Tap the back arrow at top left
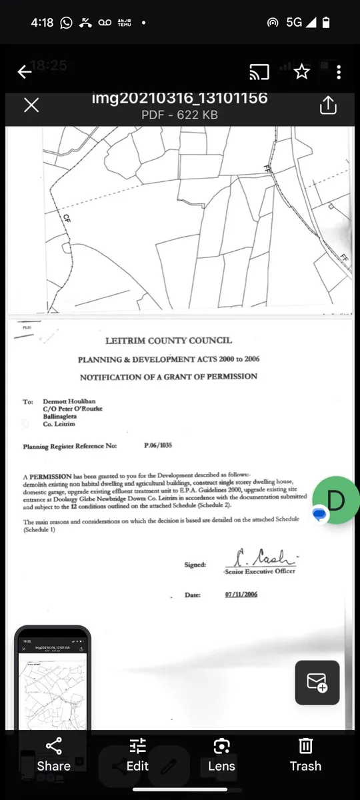(25, 72)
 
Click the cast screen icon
(259, 72)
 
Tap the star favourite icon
(302, 72)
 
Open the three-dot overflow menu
(339, 72)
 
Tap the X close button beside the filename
(31, 105)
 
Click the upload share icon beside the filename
(328, 105)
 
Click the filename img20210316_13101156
(179, 99)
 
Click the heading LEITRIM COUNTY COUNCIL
(169, 341)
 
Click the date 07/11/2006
(241, 595)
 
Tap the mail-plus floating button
(317, 682)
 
